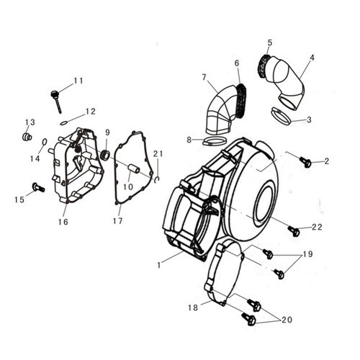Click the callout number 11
[78, 81]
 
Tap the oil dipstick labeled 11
[56, 102]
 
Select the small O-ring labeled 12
[63, 123]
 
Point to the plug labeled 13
[27, 137]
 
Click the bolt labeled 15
[38, 187]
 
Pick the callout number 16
[63, 222]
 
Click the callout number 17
[117, 221]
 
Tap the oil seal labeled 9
[106, 155]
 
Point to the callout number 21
[158, 154]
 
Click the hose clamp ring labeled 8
[215, 141]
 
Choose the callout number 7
[204, 77]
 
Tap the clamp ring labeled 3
[282, 117]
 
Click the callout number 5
[270, 42]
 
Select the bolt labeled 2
[305, 162]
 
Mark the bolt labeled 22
[294, 231]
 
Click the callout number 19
[308, 254]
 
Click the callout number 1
[158, 265]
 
